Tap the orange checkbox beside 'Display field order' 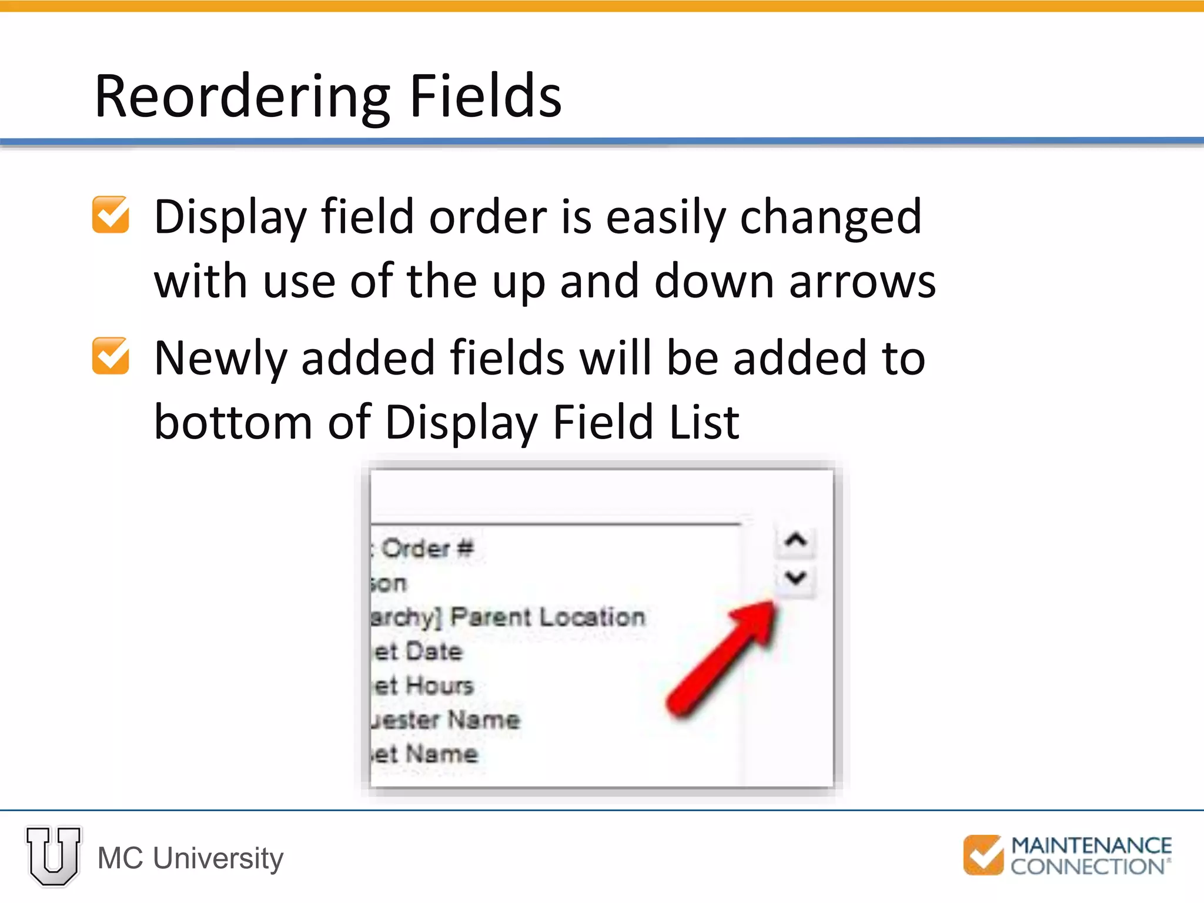111,215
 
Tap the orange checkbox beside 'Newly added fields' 111,356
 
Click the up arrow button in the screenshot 795,540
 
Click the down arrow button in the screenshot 795,578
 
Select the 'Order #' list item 423,549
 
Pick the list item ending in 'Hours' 423,685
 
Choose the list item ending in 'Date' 417,651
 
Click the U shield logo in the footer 53,856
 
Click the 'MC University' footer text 190,858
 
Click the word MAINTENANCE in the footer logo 1091,846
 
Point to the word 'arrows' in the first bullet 862,282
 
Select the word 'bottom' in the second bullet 233,422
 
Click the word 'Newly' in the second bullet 220,359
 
